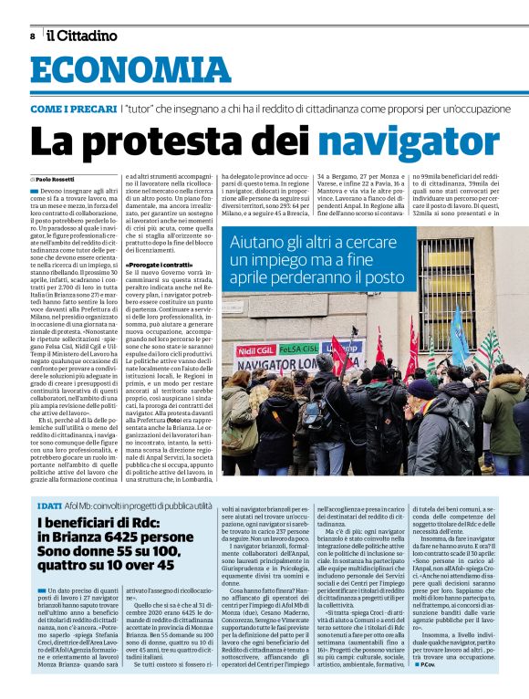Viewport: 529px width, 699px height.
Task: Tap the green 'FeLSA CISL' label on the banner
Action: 299,349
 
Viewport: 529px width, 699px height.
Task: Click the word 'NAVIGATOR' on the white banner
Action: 271,364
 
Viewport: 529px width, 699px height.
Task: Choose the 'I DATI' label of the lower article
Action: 49,505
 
